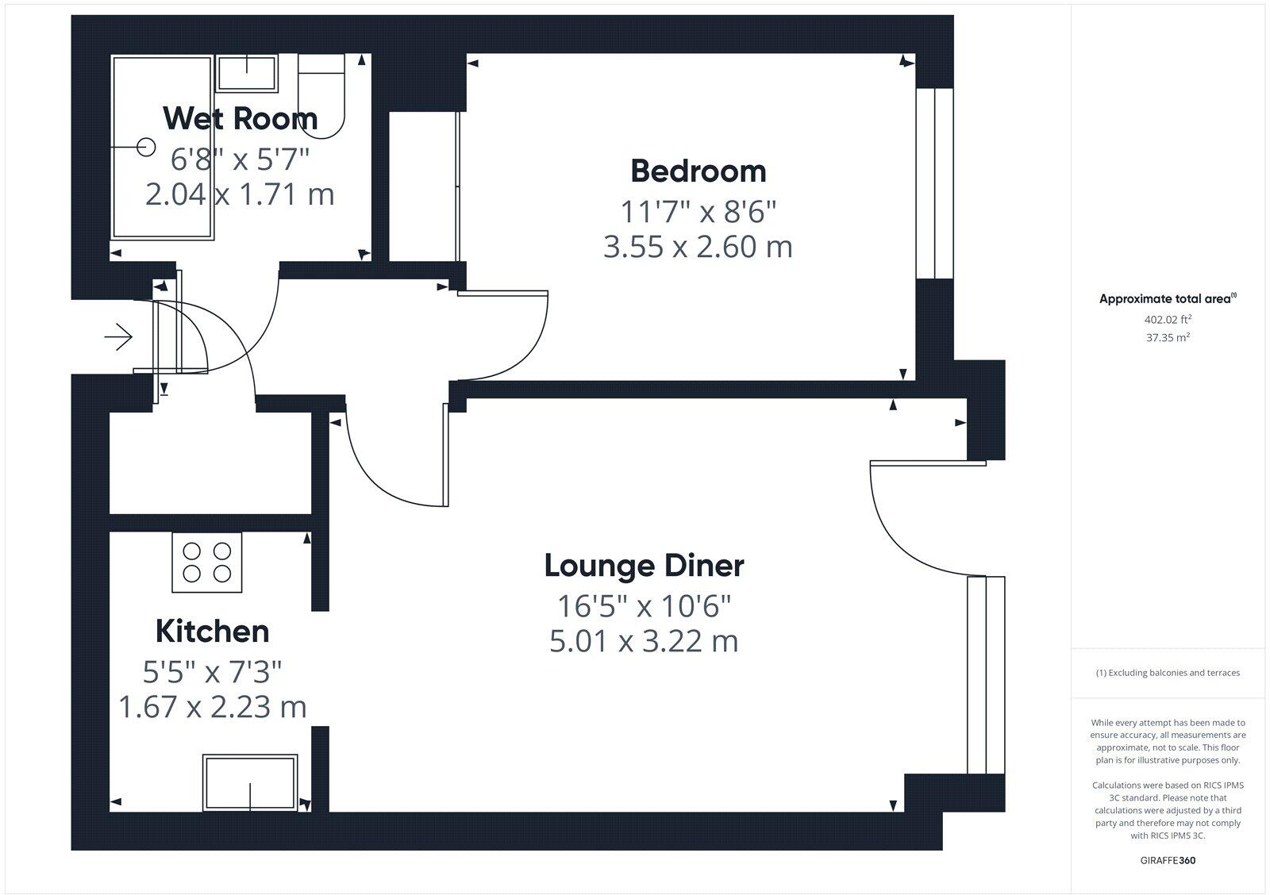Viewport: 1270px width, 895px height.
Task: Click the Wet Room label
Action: [x=240, y=118]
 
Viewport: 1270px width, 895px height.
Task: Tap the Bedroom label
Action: [x=698, y=171]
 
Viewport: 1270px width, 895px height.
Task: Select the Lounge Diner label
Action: [x=644, y=566]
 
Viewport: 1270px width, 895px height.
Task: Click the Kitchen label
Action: [x=212, y=632]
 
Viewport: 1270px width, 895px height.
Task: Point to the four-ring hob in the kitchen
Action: [x=206, y=563]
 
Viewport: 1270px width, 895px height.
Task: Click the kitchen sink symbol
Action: [x=250, y=783]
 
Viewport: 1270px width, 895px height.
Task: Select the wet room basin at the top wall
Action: [x=247, y=72]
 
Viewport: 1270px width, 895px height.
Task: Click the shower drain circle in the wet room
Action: [x=145, y=148]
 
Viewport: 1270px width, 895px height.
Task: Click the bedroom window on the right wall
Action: [x=934, y=183]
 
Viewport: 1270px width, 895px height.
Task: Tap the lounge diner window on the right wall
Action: [x=986, y=674]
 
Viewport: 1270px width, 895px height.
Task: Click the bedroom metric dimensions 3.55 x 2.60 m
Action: [x=698, y=247]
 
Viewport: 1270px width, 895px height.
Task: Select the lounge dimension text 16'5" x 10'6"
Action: [x=644, y=607]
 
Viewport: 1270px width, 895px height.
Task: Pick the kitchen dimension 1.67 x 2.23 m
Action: [x=212, y=706]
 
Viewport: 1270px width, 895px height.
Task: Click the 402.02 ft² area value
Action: [x=1168, y=320]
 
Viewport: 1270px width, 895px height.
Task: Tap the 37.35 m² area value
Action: [x=1168, y=337]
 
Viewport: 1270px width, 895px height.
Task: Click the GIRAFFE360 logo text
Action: [x=1168, y=860]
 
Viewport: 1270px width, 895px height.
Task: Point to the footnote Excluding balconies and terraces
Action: [x=1168, y=673]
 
